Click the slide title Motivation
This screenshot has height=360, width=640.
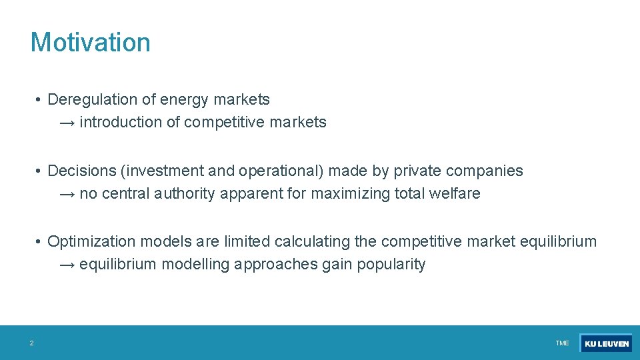tap(91, 42)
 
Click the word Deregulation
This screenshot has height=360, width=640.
tap(93, 100)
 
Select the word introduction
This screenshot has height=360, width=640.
tap(121, 123)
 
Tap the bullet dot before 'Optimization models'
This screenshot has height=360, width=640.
tap(40, 241)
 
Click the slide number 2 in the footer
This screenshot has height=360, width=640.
tap(31, 343)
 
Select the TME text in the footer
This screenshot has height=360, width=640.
tap(562, 343)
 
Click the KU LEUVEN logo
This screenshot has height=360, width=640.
tap(606, 343)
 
